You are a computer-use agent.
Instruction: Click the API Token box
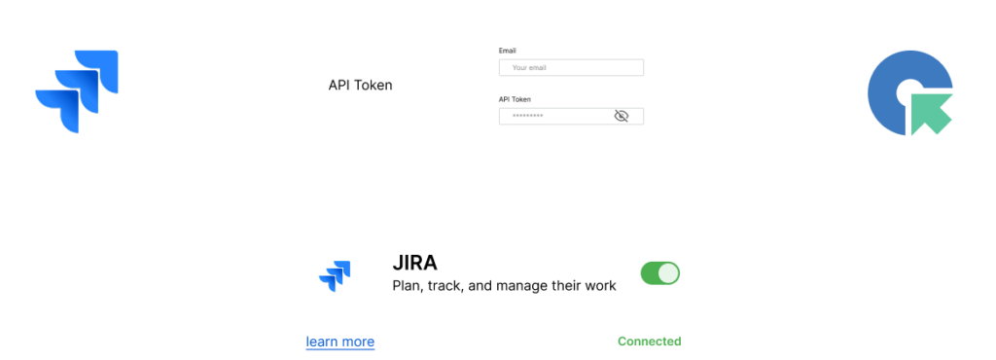click(x=360, y=85)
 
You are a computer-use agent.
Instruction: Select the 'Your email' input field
click(x=571, y=68)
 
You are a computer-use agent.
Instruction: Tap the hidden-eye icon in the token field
click(x=622, y=116)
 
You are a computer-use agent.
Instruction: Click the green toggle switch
click(x=659, y=273)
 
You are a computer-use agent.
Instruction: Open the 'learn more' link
click(x=339, y=342)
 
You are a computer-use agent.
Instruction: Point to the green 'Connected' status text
click(x=649, y=342)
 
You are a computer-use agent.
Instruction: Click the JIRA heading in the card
click(x=414, y=263)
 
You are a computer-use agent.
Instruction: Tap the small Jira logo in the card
click(x=335, y=276)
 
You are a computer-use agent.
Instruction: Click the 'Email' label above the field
click(x=508, y=50)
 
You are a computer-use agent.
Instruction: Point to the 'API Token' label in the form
click(x=515, y=99)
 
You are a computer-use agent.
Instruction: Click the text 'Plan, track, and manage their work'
click(x=503, y=286)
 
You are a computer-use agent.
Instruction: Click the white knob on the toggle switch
click(x=668, y=273)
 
